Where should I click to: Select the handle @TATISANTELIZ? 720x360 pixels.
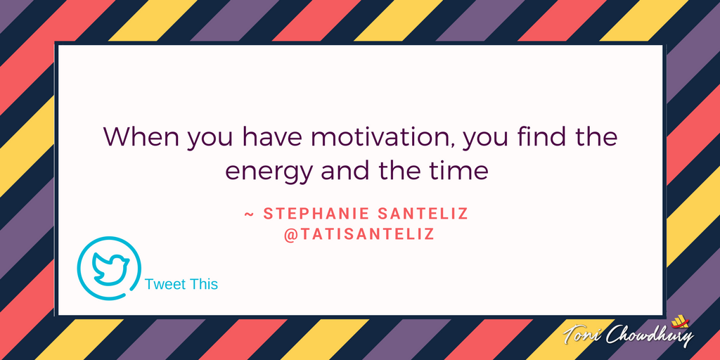359,234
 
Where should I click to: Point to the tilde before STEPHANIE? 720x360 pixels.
249,214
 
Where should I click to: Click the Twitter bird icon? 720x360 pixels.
110,268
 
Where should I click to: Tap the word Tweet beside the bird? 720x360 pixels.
163,284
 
